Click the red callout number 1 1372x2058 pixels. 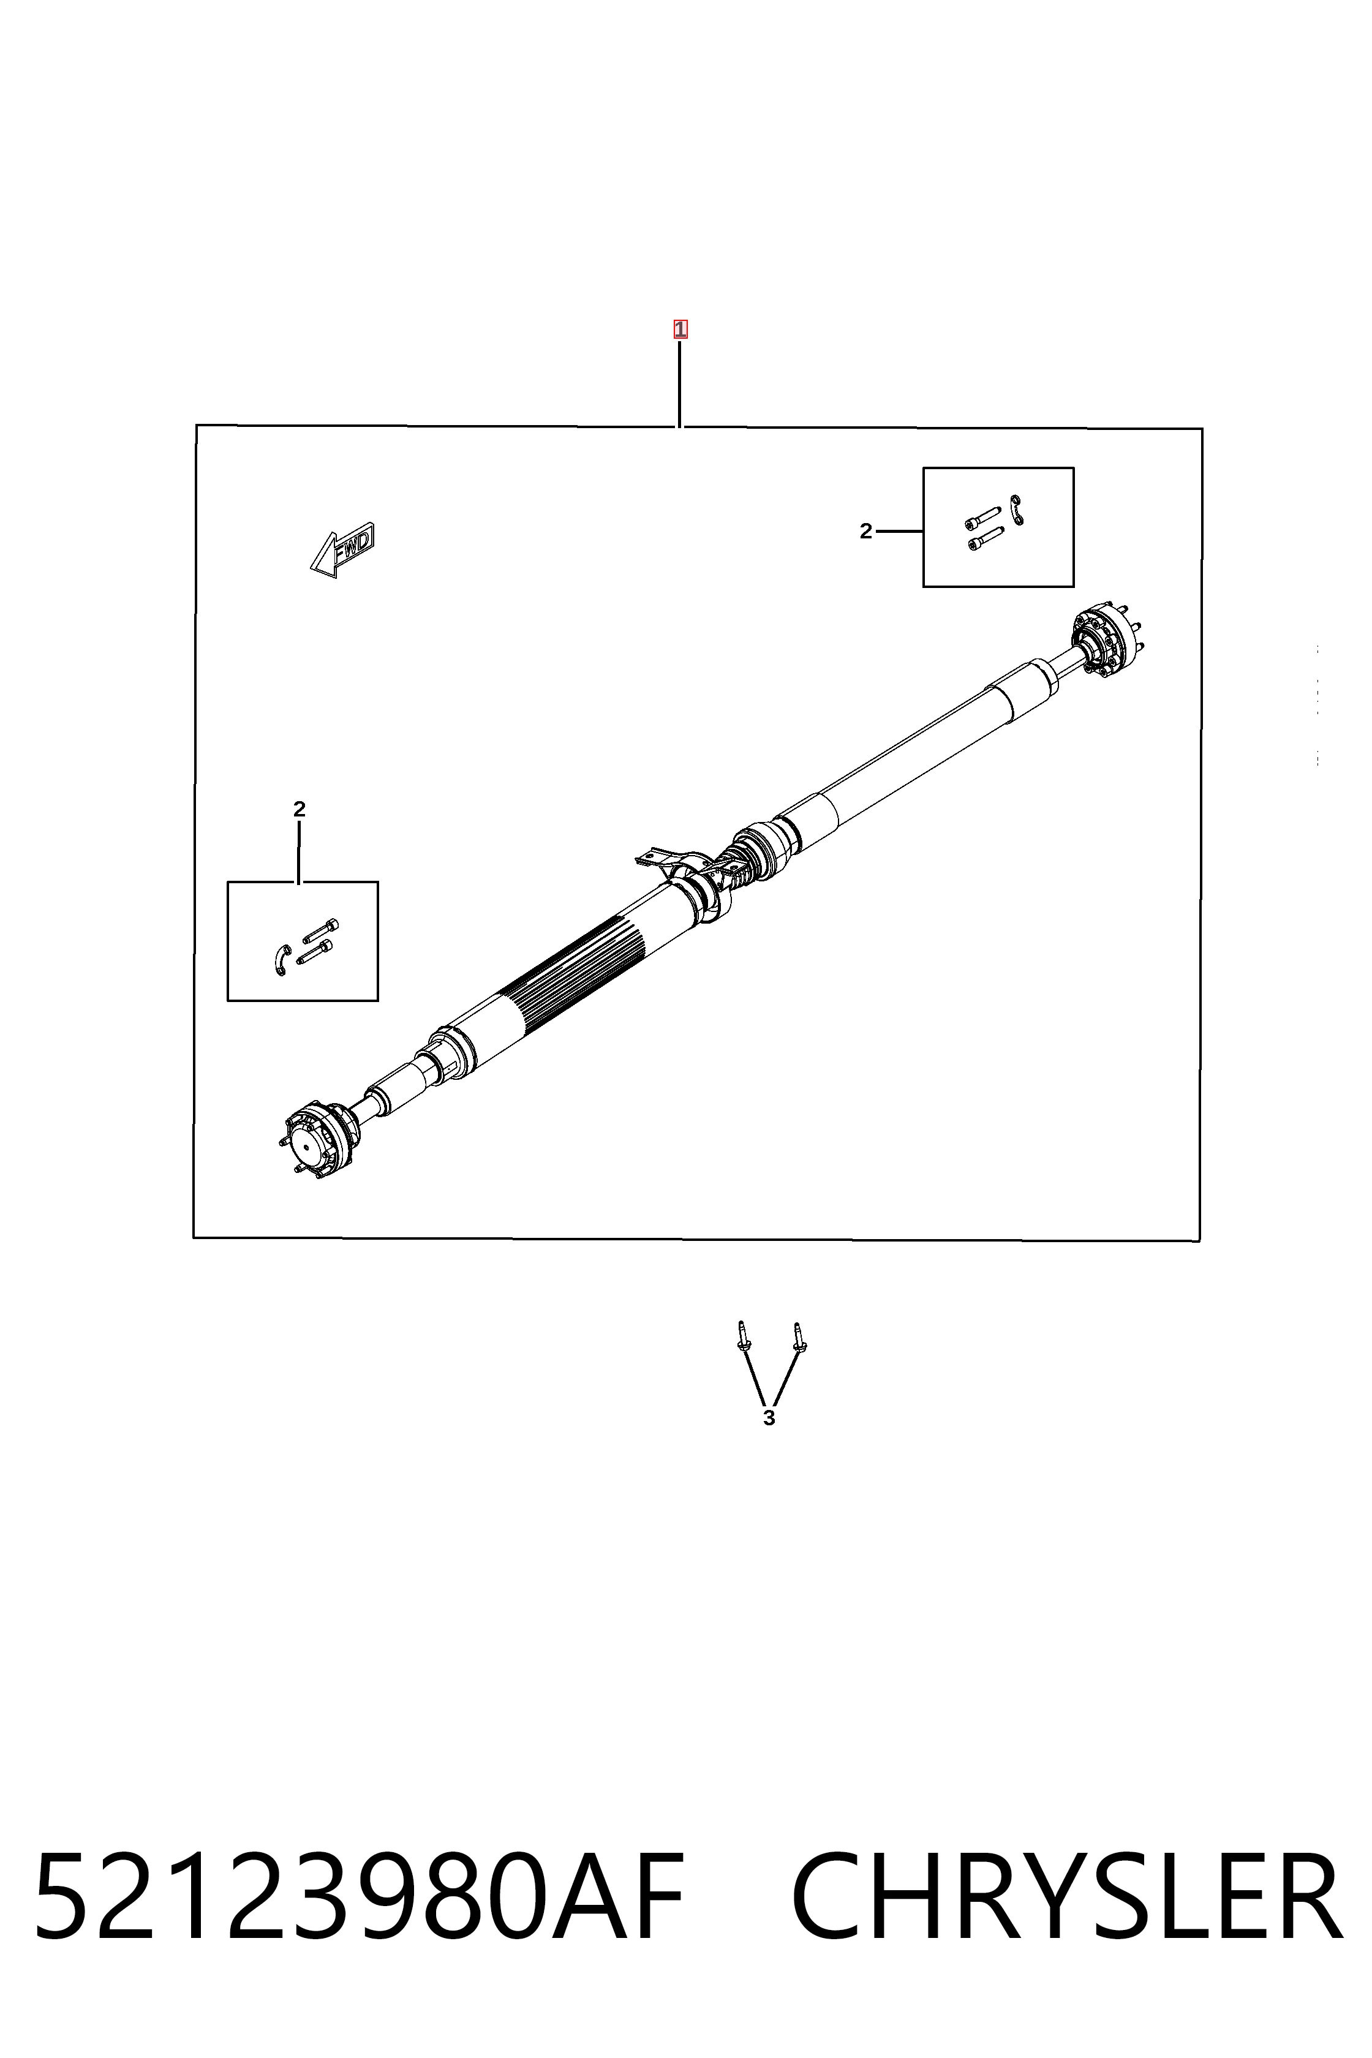680,330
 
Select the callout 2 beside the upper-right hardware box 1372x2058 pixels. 865,531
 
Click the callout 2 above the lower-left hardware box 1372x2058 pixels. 300,809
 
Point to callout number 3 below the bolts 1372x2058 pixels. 769,1419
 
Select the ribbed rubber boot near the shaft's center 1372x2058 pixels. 743,861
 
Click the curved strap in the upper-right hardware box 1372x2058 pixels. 1017,510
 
